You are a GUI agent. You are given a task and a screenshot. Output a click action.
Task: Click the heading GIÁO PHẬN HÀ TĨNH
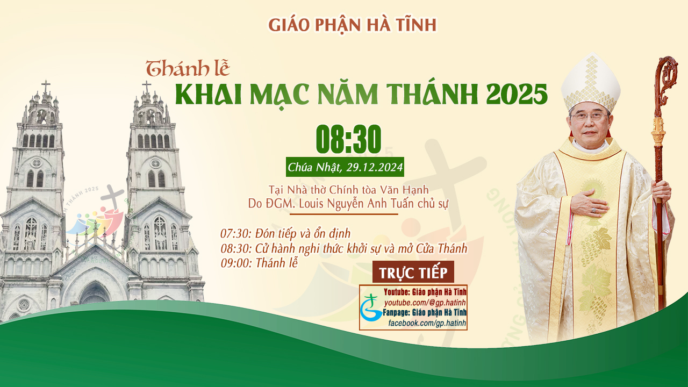[352, 25]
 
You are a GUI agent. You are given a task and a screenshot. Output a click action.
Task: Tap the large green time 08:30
[349, 139]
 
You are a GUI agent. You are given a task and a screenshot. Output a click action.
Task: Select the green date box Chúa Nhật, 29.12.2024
[345, 167]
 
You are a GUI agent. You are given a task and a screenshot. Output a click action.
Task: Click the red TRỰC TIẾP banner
[413, 272]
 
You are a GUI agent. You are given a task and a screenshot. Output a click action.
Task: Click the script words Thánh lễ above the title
[188, 68]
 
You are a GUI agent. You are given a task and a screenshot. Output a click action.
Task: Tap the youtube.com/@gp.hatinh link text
[425, 303]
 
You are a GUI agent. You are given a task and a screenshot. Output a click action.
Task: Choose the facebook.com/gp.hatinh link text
[427, 323]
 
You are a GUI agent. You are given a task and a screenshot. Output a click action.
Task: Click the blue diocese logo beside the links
[371, 308]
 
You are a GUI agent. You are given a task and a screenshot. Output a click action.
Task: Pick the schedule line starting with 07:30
[285, 234]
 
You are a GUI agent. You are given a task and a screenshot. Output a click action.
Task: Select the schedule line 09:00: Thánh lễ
[259, 263]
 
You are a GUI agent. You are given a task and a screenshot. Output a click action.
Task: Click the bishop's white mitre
[590, 83]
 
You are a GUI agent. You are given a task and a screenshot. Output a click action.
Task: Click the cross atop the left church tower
[46, 87]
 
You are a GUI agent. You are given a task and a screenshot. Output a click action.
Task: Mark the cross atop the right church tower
[147, 87]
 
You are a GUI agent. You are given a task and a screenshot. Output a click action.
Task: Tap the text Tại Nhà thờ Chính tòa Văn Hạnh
[349, 190]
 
